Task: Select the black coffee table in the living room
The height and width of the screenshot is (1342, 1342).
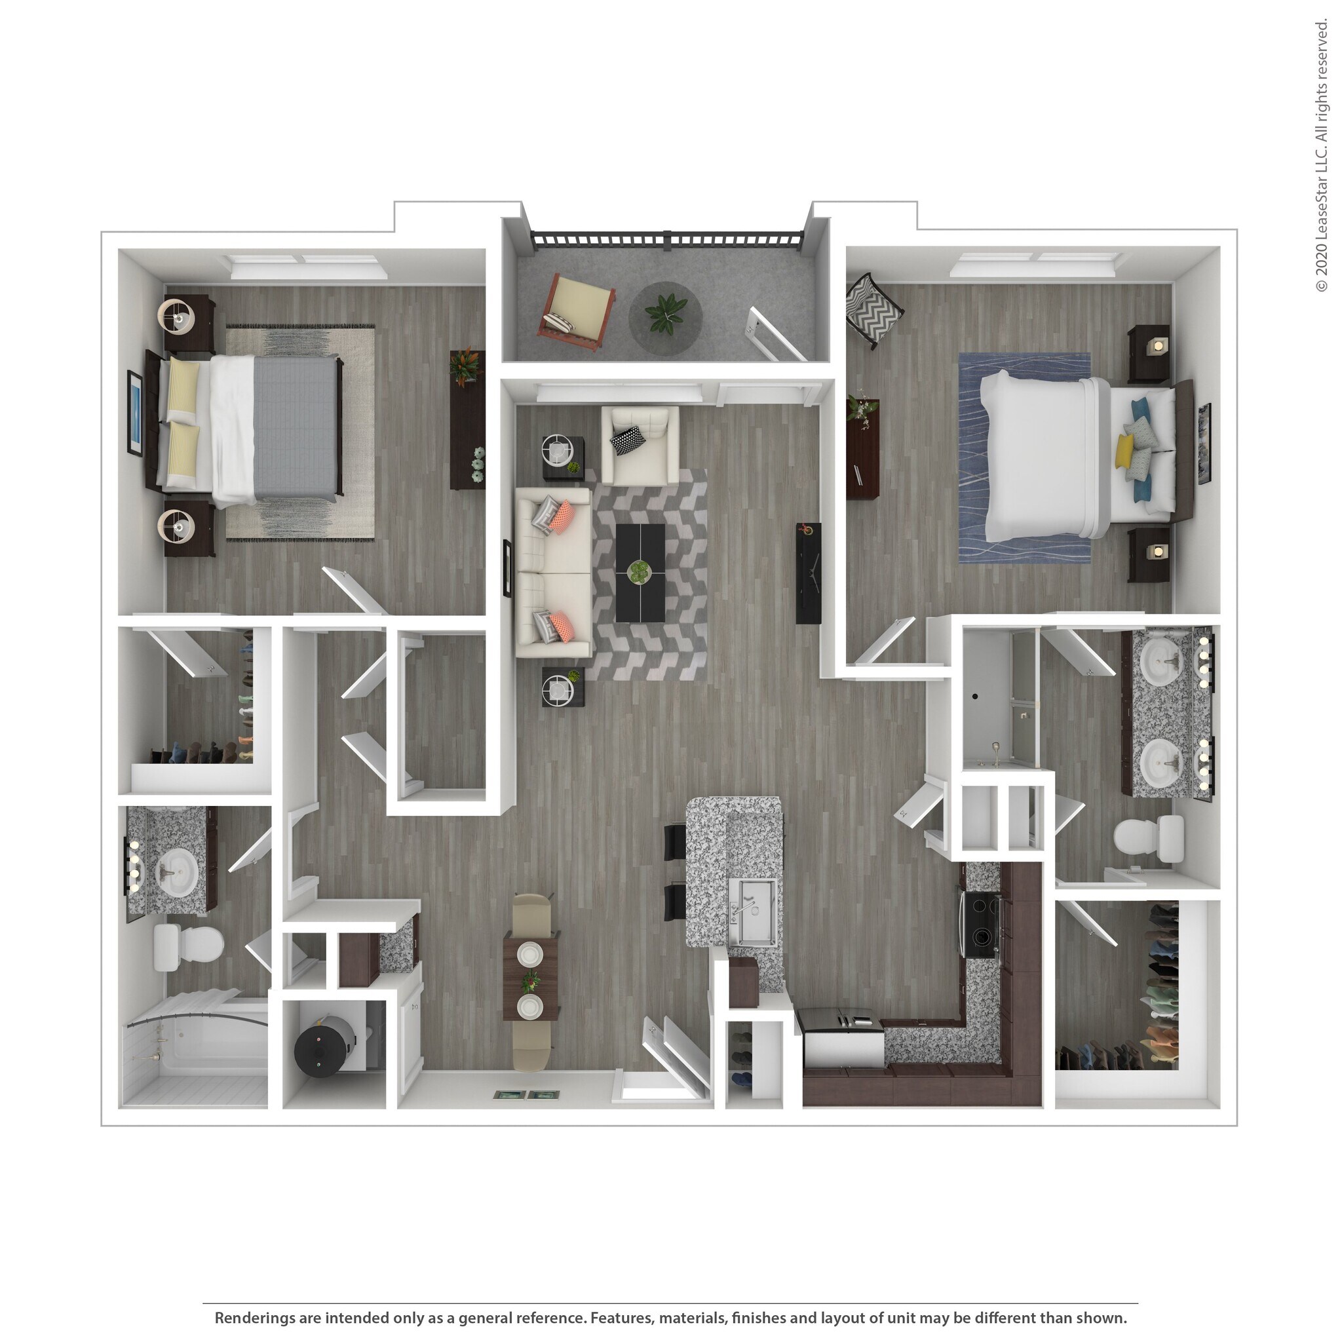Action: [640, 573]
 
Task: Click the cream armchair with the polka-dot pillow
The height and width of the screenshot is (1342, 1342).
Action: [640, 444]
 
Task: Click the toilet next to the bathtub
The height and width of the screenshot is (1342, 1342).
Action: [187, 946]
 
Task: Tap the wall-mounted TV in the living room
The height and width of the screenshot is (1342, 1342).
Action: [808, 573]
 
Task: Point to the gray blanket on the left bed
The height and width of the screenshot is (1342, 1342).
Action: [296, 427]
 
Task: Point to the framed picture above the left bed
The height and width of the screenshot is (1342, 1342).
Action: [135, 413]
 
